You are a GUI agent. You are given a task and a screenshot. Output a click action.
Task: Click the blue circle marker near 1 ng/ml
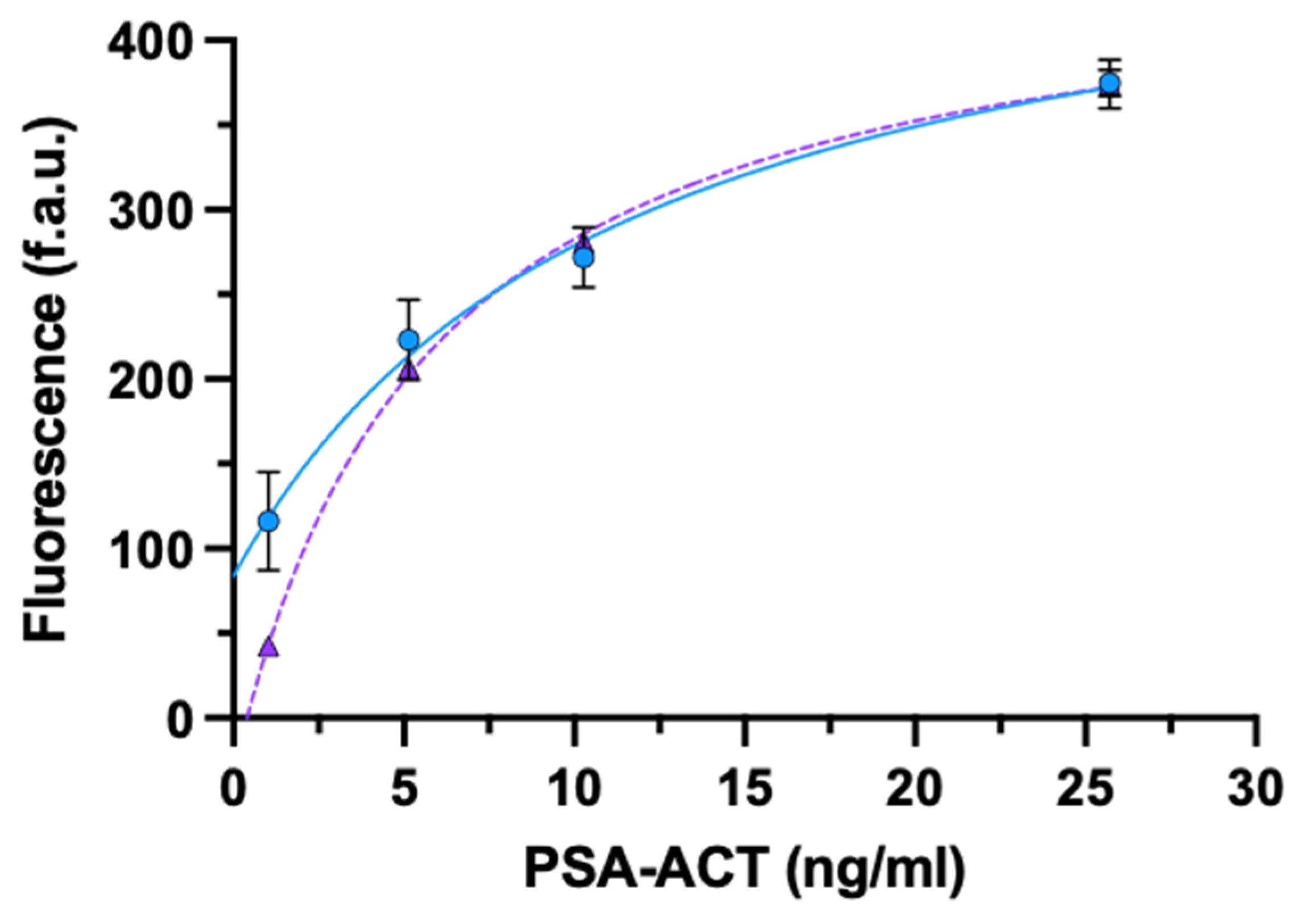click(x=268, y=521)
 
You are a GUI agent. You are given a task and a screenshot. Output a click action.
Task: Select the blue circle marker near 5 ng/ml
click(x=409, y=340)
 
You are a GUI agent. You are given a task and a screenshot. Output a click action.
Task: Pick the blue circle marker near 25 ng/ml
click(x=1110, y=84)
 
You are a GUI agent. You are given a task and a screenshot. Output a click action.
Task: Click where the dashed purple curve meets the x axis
click(x=247, y=718)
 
